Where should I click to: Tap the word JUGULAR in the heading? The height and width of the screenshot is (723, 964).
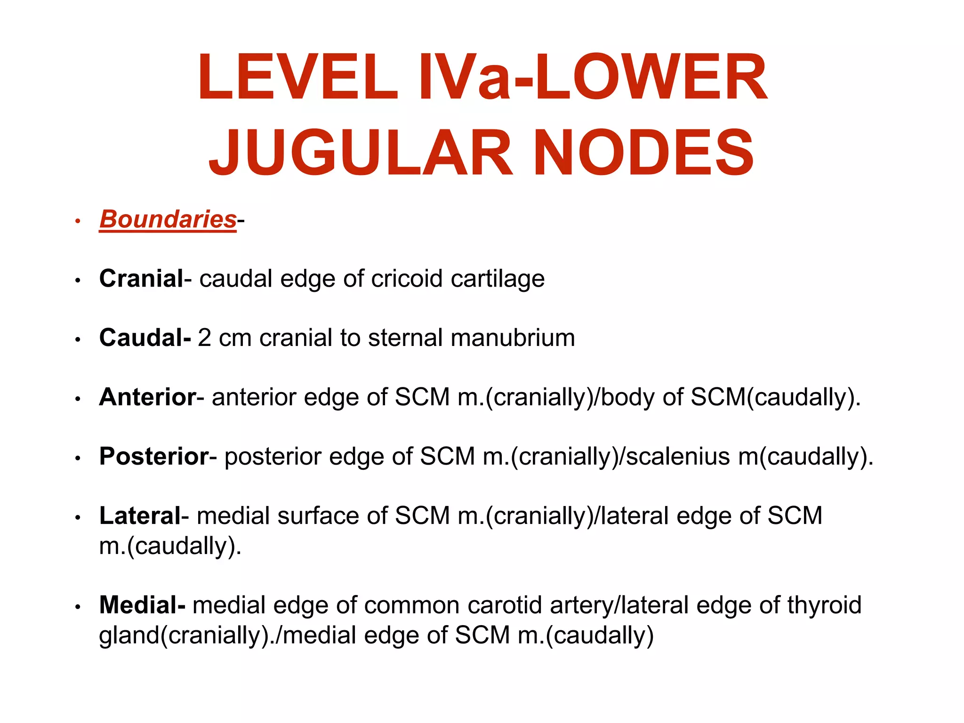(361, 153)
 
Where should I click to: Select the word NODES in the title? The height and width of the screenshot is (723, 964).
(643, 153)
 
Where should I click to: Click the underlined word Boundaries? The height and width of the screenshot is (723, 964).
(168, 219)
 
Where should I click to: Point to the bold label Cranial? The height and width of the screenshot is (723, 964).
(141, 279)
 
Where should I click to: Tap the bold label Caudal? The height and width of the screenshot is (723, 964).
(144, 338)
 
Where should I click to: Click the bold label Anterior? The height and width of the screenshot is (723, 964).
(147, 397)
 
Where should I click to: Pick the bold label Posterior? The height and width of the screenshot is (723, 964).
(154, 457)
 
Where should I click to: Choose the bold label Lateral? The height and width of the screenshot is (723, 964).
(140, 516)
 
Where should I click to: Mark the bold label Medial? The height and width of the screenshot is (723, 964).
(142, 605)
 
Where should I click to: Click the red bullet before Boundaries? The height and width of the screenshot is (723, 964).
(78, 221)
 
